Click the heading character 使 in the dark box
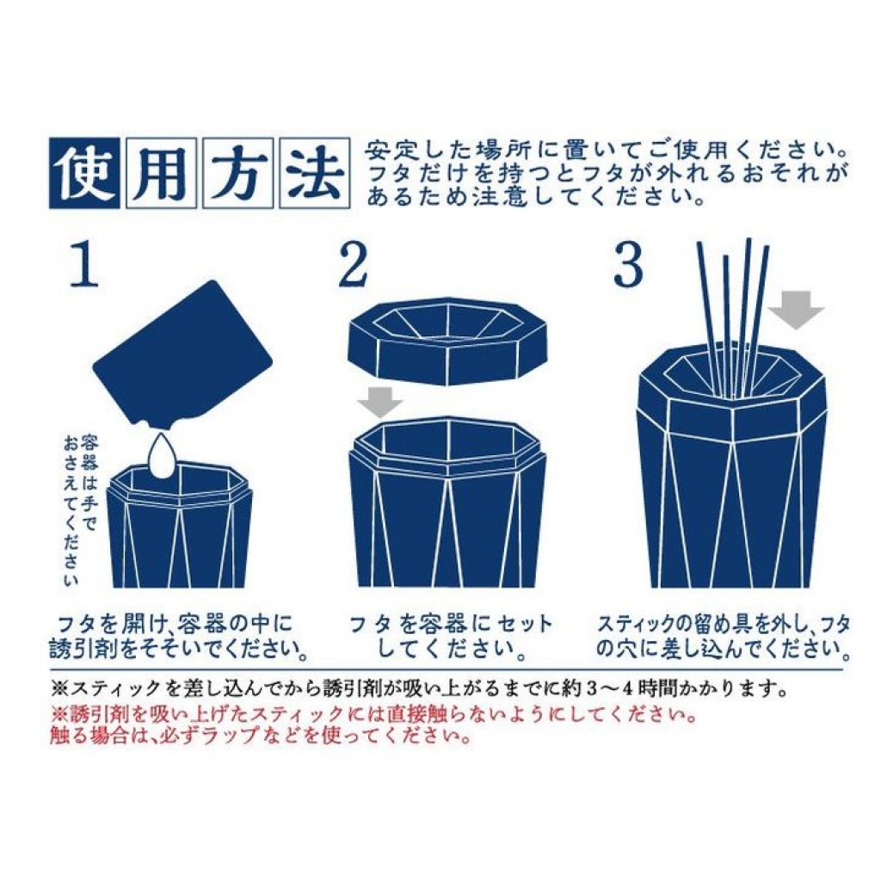84,173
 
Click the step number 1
85,265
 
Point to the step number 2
354,265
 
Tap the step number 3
627,265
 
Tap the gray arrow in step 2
380,401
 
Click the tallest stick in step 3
747,317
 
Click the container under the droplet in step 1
180,524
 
